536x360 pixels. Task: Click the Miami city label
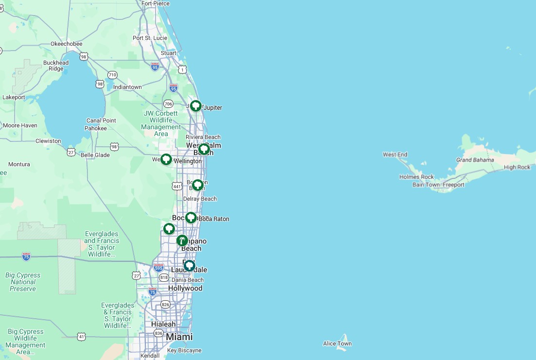pyautogui.click(x=179, y=337)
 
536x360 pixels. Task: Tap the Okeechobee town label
pyautogui.click(x=66, y=44)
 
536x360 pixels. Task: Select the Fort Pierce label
pyautogui.click(x=156, y=3)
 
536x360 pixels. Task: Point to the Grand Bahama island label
pyautogui.click(x=475, y=160)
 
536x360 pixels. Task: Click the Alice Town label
pyautogui.click(x=337, y=343)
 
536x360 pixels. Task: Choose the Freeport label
pyautogui.click(x=453, y=185)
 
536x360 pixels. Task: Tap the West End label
pyautogui.click(x=395, y=154)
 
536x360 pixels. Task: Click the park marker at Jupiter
pyautogui.click(x=195, y=105)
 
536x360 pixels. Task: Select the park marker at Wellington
pyautogui.click(x=166, y=159)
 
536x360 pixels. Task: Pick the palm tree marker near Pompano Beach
pyautogui.click(x=182, y=240)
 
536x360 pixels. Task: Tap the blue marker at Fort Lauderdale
pyautogui.click(x=189, y=266)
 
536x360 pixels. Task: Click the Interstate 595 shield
pyautogui.click(x=158, y=267)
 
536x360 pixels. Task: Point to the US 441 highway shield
pyautogui.click(x=177, y=186)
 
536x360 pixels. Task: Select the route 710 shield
pyautogui.click(x=113, y=75)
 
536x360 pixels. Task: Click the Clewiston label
pyautogui.click(x=48, y=141)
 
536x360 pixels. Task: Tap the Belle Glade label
pyautogui.click(x=95, y=155)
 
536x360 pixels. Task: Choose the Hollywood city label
pyautogui.click(x=185, y=288)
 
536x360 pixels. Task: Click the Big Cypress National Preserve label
pyautogui.click(x=23, y=282)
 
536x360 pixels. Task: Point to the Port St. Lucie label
pyautogui.click(x=150, y=38)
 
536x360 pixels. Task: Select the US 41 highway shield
pyautogui.click(x=81, y=336)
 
